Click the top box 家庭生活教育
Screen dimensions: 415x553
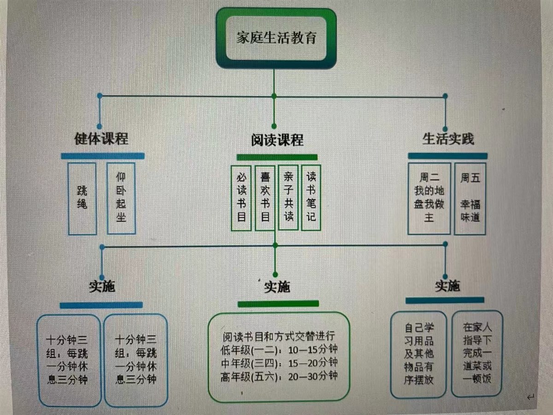click(x=276, y=38)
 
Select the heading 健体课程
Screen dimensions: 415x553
click(x=101, y=138)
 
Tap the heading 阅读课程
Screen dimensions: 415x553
click(x=277, y=139)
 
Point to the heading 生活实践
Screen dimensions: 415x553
click(x=448, y=138)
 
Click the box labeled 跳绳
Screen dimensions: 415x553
click(x=82, y=198)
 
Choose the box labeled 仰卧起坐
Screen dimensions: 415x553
click(x=121, y=198)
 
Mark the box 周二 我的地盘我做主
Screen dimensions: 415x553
click(x=429, y=198)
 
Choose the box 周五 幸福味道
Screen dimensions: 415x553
click(x=470, y=198)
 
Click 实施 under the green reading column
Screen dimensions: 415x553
click(x=277, y=287)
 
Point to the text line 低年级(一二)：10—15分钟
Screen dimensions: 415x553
click(x=279, y=349)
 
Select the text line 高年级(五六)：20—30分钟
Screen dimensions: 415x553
click(x=279, y=376)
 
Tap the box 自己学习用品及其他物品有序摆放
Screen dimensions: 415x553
click(x=418, y=354)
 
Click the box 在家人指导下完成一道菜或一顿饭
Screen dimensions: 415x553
click(x=477, y=354)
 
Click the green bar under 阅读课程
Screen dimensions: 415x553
click(x=277, y=157)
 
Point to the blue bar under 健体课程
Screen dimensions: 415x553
click(x=102, y=156)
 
